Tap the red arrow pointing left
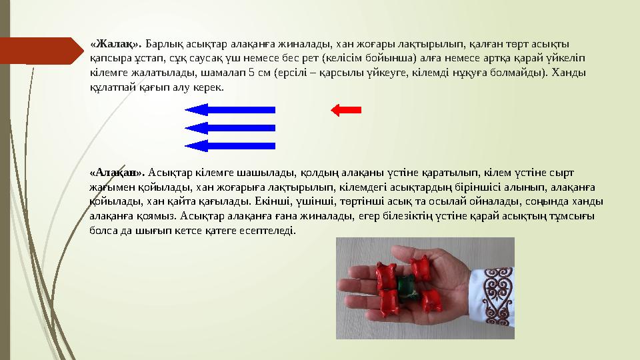coord(347,109)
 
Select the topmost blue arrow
coord(229,109)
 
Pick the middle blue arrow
coord(229,127)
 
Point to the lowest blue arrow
coord(229,145)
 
